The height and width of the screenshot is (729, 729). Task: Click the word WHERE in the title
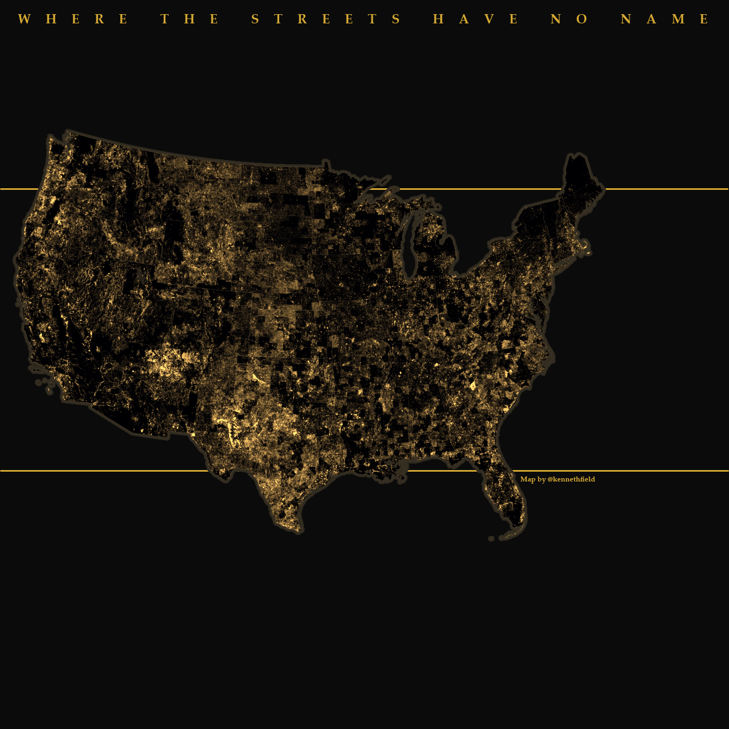click(x=73, y=20)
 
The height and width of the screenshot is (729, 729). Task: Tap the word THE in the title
click(x=190, y=20)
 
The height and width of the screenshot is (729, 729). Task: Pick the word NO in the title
click(x=569, y=20)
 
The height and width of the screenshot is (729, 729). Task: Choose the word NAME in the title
click(x=665, y=20)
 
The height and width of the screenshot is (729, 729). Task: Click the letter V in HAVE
click(x=489, y=20)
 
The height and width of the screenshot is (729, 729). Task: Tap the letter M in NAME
click(x=678, y=20)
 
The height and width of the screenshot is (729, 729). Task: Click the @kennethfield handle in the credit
click(x=571, y=479)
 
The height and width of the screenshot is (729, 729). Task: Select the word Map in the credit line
click(x=527, y=479)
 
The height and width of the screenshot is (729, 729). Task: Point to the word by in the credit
click(x=541, y=479)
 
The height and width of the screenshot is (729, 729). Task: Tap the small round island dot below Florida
click(x=491, y=539)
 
